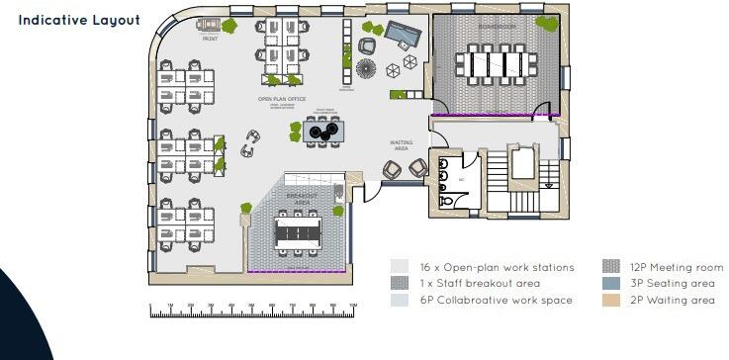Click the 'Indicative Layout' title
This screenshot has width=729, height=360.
pyautogui.click(x=79, y=20)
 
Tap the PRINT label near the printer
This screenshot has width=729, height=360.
pyautogui.click(x=210, y=41)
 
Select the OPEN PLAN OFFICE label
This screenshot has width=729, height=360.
pyautogui.click(x=282, y=99)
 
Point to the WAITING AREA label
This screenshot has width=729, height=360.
pyautogui.click(x=401, y=145)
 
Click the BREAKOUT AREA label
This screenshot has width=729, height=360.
pyautogui.click(x=302, y=199)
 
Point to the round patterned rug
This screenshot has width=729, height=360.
pyautogui.click(x=366, y=69)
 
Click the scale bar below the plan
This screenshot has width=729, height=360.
pyautogui.click(x=252, y=312)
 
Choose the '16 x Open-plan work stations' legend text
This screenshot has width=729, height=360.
pyautogui.click(x=497, y=267)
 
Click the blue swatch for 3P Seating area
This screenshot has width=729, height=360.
pyautogui.click(x=611, y=283)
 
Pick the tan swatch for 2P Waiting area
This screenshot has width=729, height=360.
pyautogui.click(x=611, y=300)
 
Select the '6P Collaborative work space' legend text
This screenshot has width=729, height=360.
pyautogui.click(x=496, y=300)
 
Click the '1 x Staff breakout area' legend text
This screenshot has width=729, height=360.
pyautogui.click(x=480, y=283)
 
